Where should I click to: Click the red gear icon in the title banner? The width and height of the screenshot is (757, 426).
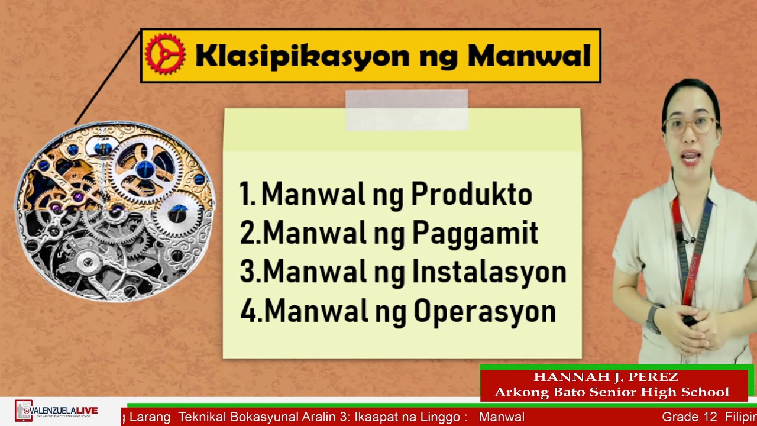pyautogui.click(x=165, y=54)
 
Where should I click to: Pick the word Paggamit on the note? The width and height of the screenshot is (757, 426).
pyautogui.click(x=475, y=233)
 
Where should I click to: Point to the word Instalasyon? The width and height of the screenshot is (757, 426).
pyautogui.click(x=489, y=272)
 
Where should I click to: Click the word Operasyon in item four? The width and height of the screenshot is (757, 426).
pyautogui.click(x=484, y=311)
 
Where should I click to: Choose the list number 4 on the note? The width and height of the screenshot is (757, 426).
pyautogui.click(x=249, y=311)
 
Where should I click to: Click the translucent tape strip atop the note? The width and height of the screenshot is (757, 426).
pyautogui.click(x=406, y=110)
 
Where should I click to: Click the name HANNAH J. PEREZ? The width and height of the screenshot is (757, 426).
pyautogui.click(x=606, y=377)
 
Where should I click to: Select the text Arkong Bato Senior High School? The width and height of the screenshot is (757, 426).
pyautogui.click(x=612, y=392)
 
